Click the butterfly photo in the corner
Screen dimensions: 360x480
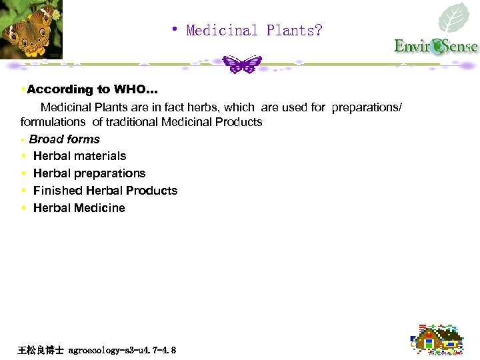click(30, 29)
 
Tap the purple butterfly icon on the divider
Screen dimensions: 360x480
click(242, 65)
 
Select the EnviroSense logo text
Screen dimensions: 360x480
click(435, 46)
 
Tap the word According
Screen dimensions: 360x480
click(59, 89)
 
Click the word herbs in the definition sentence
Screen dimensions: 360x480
click(203, 107)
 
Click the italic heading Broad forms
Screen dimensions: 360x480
click(64, 139)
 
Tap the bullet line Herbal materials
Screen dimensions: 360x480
click(79, 156)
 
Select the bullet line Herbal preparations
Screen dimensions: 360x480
click(89, 173)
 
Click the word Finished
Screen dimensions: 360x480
click(57, 191)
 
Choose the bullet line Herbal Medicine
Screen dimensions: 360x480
click(79, 208)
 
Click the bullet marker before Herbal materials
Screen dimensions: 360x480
click(24, 156)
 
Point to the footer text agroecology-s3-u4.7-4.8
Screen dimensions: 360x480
click(122, 350)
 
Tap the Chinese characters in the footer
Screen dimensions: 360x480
click(41, 350)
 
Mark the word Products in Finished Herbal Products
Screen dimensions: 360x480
click(154, 191)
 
